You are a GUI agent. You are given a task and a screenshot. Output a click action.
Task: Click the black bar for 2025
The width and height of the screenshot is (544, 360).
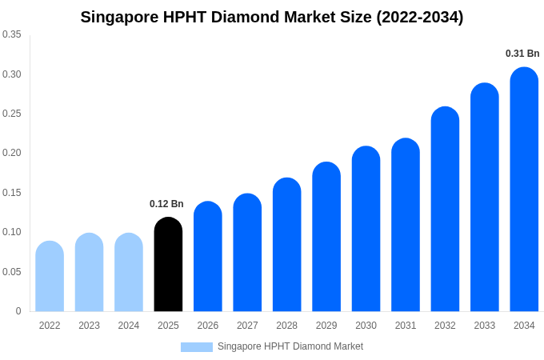pos(168,265)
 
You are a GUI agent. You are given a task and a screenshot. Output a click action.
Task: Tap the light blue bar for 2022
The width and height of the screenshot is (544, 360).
pos(50,277)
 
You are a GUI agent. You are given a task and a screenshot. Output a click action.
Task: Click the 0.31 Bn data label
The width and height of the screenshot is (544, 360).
pos(522,54)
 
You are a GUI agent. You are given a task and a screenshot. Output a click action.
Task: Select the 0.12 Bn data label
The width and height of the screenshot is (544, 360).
pos(166,204)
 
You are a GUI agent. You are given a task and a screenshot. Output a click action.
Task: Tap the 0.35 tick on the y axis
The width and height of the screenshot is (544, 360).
pos(12,34)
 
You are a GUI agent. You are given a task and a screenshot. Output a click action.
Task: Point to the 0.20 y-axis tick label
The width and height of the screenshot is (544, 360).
pos(12,153)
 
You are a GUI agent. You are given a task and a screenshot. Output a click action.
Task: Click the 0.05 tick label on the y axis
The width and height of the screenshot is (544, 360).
pos(12,272)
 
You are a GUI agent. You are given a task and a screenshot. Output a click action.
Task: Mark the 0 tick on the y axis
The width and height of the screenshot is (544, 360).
pos(18,311)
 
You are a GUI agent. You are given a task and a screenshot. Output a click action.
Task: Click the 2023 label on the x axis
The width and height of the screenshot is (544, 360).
pos(89,326)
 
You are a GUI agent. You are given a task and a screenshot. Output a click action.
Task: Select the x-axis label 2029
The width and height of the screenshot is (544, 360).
pos(326,326)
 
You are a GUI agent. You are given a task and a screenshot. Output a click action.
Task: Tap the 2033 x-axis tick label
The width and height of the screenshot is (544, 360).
pos(484,326)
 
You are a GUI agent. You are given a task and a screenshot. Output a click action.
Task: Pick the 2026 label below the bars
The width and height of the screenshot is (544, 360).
pos(208,326)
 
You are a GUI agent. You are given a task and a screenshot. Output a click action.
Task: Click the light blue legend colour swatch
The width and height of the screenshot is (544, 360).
pos(197,347)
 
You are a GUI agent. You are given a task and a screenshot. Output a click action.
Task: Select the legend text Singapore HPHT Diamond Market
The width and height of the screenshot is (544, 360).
pos(290,346)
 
